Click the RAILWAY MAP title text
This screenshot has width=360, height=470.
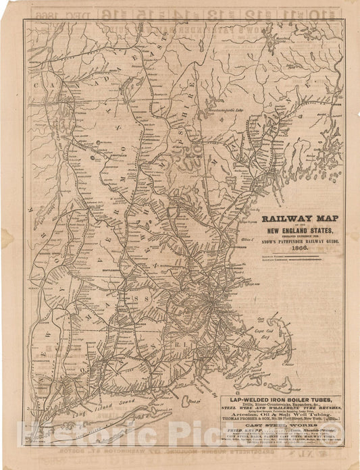(300, 219)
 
